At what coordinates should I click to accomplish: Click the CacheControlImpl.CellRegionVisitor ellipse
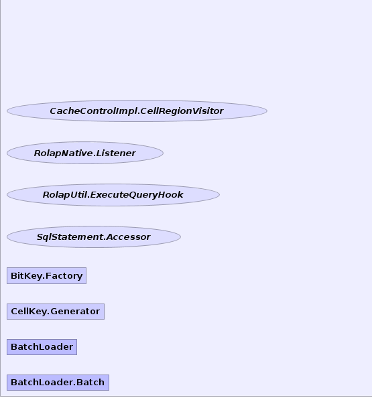(137, 111)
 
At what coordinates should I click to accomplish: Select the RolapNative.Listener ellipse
(85, 153)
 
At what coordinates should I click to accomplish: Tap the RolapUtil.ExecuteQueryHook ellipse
(113, 195)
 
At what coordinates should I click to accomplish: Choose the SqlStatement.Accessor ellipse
(94, 237)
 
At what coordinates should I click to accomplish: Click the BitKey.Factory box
(46, 275)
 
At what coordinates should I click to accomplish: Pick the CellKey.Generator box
(56, 312)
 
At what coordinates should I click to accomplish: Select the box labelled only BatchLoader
(42, 347)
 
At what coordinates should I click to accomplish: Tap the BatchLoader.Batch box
(58, 383)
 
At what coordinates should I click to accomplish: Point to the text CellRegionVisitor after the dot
(182, 111)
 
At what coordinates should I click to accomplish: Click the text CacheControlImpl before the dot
(94, 111)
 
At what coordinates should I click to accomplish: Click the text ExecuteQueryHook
(137, 195)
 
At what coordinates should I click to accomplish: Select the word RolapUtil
(65, 195)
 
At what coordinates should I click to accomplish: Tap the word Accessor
(128, 237)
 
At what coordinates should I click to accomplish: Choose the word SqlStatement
(70, 237)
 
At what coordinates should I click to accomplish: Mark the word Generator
(75, 312)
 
